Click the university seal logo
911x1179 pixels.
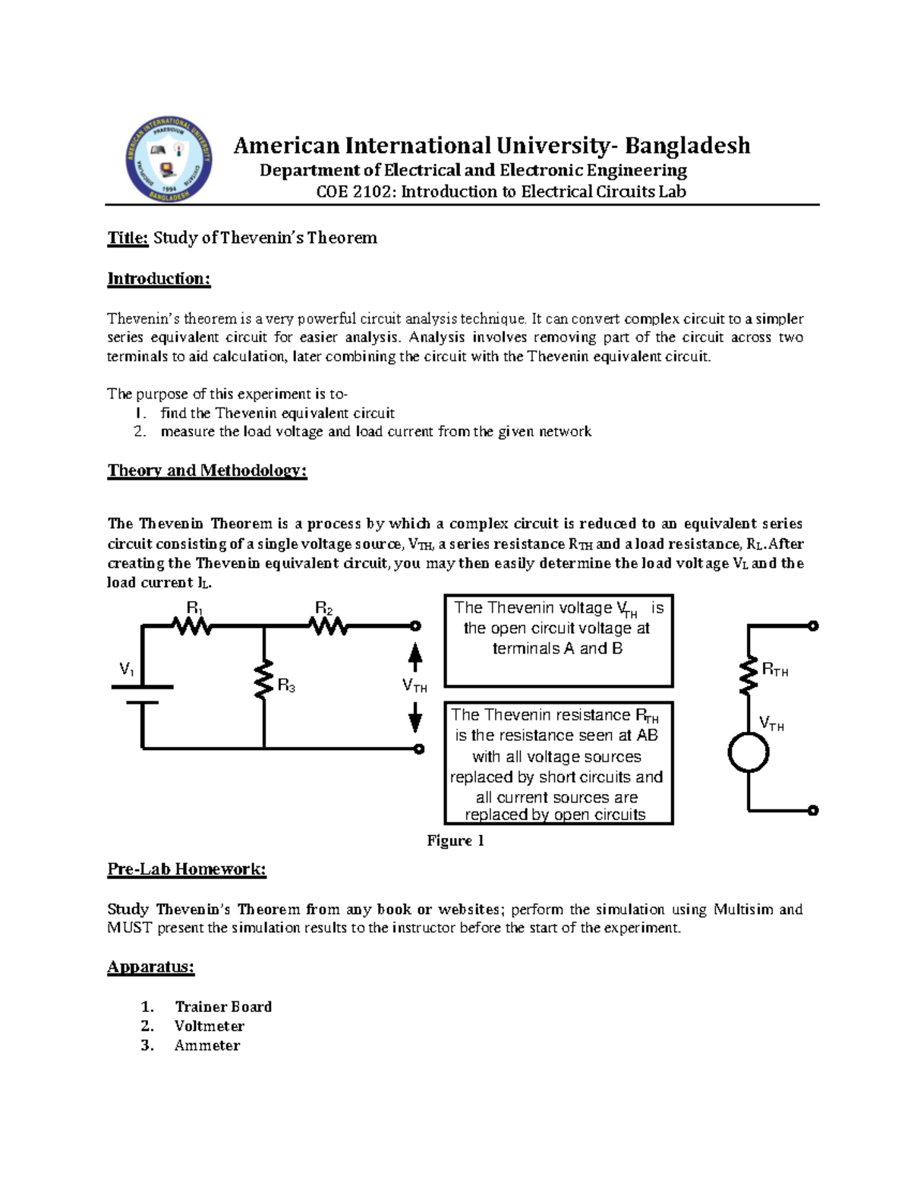tap(169, 160)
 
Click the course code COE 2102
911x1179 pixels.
tap(355, 192)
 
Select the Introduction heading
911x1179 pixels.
tap(159, 279)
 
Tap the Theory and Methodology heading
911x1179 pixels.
tap(206, 471)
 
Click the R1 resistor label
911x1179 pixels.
tap(194, 608)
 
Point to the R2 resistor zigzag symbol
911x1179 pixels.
tap(328, 626)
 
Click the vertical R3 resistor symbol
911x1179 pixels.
tap(263, 680)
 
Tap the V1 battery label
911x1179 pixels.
tap(127, 670)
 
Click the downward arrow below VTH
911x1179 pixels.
tap(415, 717)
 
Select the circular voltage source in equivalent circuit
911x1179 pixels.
tap(749, 753)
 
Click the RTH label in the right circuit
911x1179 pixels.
tap(774, 670)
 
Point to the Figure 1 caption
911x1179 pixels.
tap(455, 840)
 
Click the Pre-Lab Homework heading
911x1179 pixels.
tap(187, 869)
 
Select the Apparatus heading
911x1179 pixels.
tap(151, 967)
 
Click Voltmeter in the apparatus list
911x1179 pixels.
tap(209, 1026)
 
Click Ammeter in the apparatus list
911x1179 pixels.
tap(206, 1046)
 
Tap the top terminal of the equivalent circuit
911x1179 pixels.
tap(813, 626)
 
